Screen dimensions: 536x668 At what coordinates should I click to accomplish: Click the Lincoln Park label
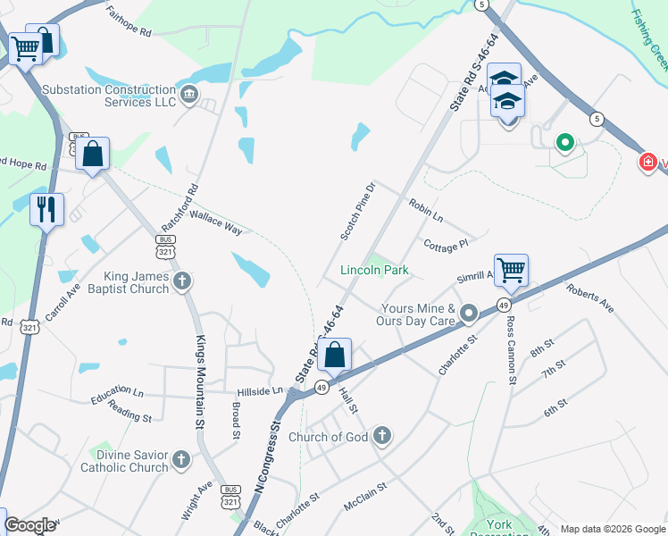click(x=374, y=270)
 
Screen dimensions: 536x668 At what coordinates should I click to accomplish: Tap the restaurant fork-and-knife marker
click(x=46, y=209)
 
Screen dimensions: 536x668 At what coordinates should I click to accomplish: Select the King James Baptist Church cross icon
click(x=182, y=282)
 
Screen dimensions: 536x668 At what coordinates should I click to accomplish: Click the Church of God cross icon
click(x=381, y=436)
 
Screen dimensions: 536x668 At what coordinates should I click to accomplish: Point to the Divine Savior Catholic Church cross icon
click(x=181, y=460)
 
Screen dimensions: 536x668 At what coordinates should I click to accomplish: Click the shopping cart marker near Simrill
click(x=511, y=269)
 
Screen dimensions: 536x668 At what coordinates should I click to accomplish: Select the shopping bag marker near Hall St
click(x=334, y=355)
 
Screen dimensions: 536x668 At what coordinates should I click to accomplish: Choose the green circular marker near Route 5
click(x=564, y=142)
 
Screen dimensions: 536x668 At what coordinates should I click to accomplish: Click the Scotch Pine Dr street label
click(x=358, y=212)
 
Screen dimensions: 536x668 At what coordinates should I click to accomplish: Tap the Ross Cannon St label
click(x=511, y=349)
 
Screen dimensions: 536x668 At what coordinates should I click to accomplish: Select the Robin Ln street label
click(x=425, y=210)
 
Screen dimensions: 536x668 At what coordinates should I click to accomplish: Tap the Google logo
click(x=29, y=525)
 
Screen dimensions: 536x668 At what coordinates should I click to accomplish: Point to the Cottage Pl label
click(x=446, y=245)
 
